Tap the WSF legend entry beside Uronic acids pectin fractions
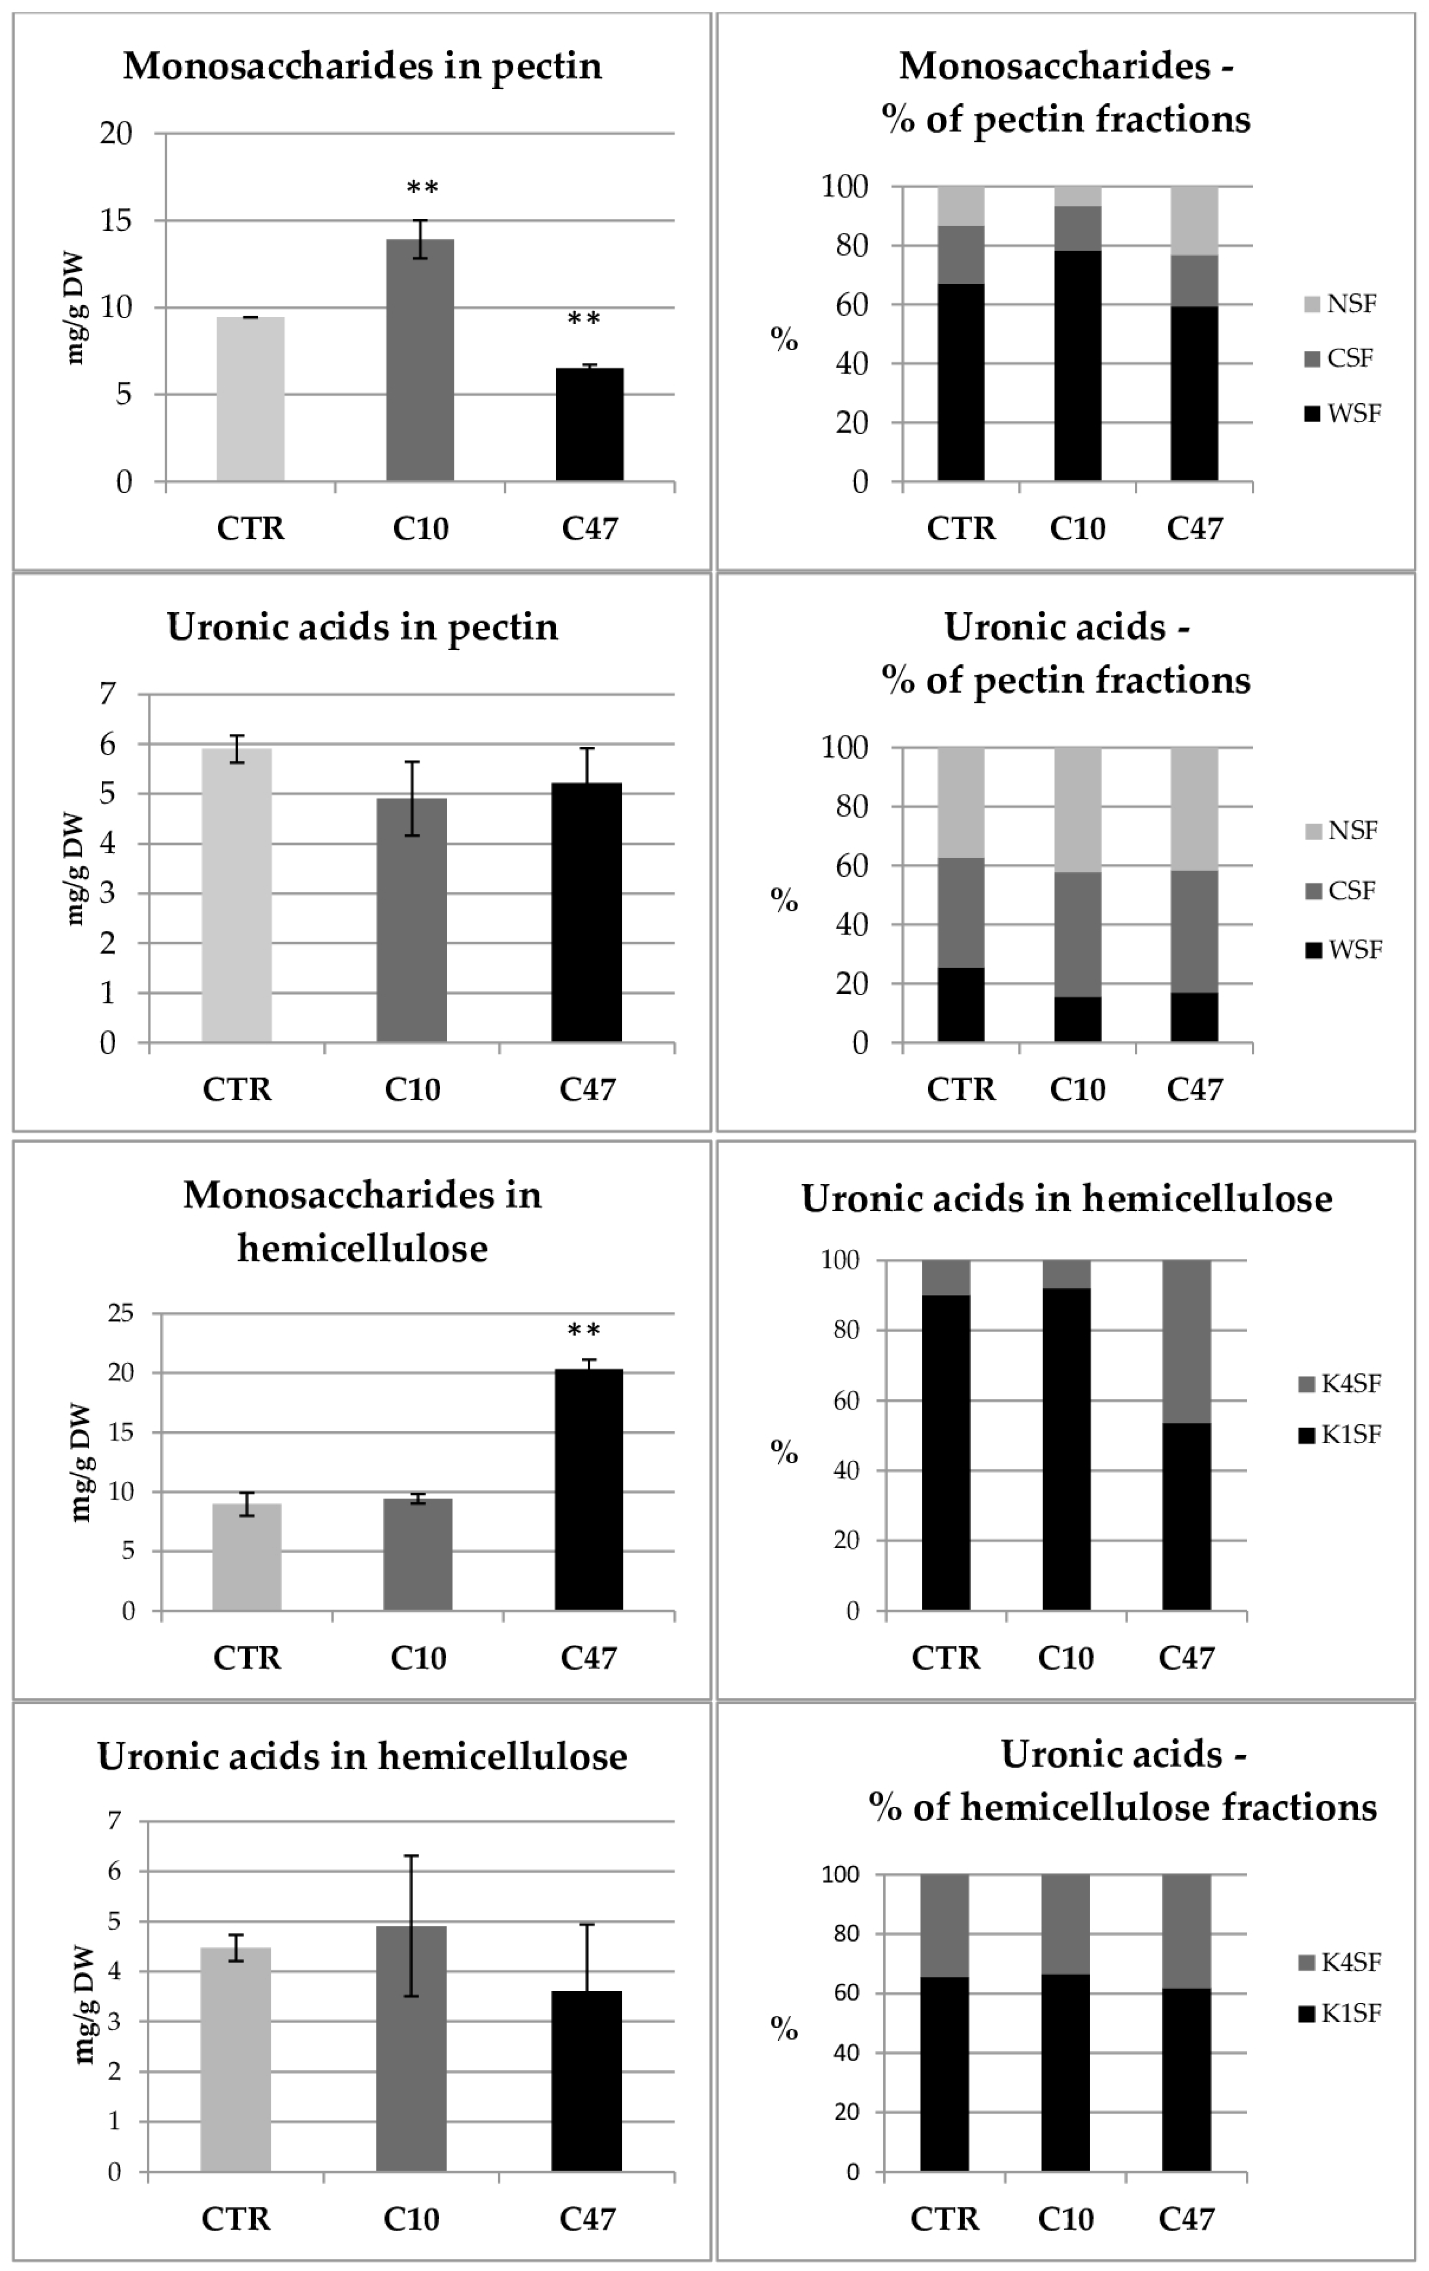click(1343, 950)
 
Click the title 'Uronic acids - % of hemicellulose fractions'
click(1122, 1780)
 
